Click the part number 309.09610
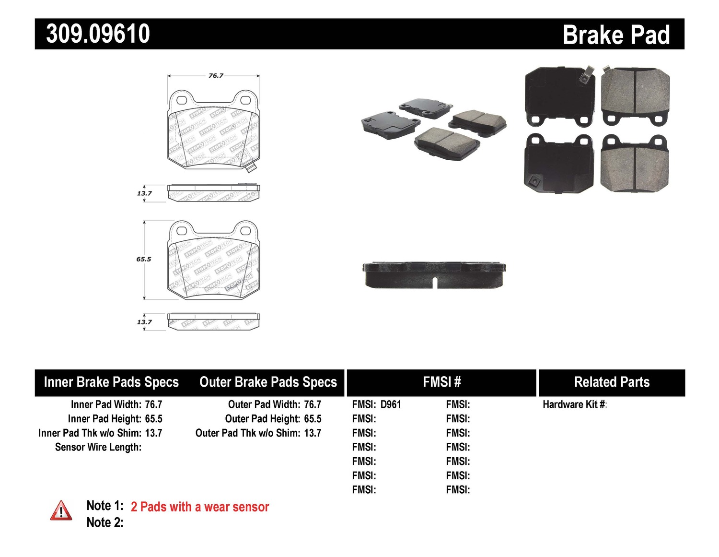98,34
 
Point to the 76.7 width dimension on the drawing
216,75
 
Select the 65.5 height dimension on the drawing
143,259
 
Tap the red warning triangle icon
61,511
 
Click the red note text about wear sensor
199,507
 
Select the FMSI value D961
391,404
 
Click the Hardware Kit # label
574,404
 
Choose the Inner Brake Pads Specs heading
111,382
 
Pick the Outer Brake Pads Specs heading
268,382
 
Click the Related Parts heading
612,382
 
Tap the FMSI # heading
441,382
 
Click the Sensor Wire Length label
98,447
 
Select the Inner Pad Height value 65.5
153,419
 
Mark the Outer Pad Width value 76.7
313,404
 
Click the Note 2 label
104,522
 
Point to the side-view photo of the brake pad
434,275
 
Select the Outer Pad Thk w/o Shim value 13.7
313,433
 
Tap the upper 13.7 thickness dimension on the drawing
144,193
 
